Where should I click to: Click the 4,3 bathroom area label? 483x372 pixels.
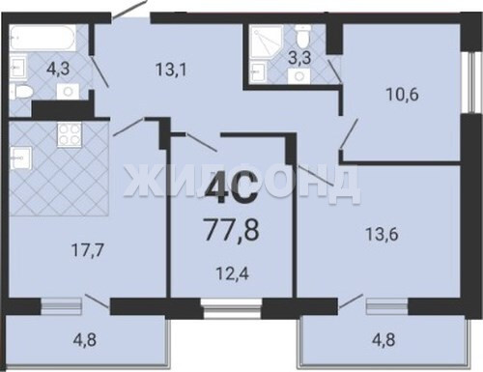click(x=58, y=69)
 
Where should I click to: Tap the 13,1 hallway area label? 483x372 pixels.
click(x=171, y=70)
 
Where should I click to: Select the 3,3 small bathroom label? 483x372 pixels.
click(x=299, y=58)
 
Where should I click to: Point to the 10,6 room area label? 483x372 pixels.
click(x=402, y=95)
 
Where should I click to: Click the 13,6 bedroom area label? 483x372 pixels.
click(x=382, y=234)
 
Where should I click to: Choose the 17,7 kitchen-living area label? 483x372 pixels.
click(x=88, y=250)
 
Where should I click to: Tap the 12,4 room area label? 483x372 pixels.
click(x=232, y=274)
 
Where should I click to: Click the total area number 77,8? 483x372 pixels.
click(x=232, y=229)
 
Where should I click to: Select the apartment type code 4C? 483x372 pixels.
click(x=232, y=188)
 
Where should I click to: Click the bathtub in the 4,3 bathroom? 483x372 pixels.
click(x=43, y=38)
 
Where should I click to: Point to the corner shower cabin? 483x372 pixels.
click(x=267, y=42)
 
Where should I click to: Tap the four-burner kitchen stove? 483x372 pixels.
click(x=69, y=135)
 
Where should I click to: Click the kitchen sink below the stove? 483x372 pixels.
click(x=20, y=157)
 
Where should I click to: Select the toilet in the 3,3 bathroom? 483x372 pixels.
click(x=302, y=38)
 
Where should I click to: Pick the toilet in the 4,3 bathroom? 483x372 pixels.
click(x=21, y=92)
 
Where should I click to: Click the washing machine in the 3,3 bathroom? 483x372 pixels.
click(x=299, y=76)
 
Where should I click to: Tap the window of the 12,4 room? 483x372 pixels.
click(x=232, y=308)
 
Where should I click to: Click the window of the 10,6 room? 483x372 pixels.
click(x=471, y=82)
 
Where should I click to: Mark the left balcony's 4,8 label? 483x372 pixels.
click(x=84, y=340)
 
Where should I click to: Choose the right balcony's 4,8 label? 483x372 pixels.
click(x=384, y=340)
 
